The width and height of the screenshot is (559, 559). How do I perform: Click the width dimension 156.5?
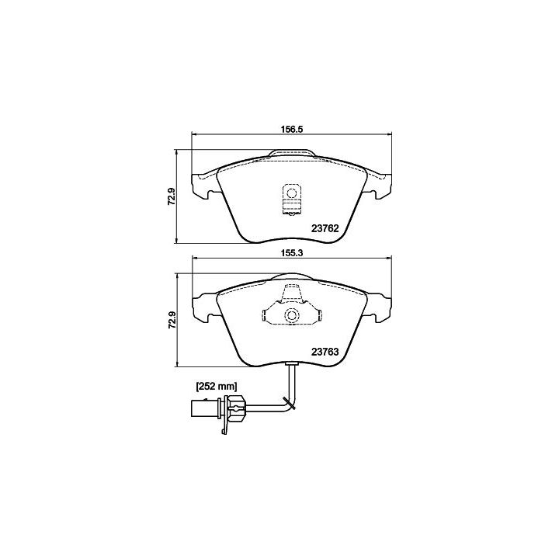291,129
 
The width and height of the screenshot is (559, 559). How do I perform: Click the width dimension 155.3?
291,253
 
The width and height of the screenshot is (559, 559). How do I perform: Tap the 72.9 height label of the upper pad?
171,196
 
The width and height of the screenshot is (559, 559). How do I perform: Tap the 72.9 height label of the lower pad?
171,320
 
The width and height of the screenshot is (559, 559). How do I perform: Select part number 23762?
325,228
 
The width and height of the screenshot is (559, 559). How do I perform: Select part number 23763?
325,352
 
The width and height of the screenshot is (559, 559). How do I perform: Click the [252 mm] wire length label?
217,386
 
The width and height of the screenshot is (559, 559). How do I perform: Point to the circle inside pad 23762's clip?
292,193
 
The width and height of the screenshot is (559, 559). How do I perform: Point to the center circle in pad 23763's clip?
292,315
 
